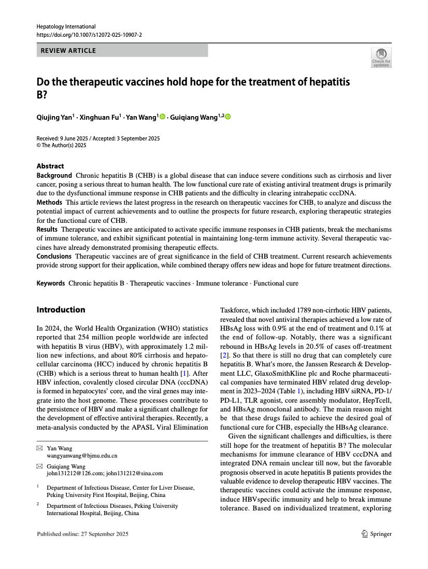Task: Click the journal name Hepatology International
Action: [66, 26]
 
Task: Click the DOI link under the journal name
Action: [89, 35]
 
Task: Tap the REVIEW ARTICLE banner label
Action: [68, 50]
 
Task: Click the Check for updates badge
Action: [381, 58]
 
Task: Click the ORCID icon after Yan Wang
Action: [162, 117]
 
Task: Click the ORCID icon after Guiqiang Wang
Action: [227, 117]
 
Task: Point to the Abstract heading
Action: [50, 166]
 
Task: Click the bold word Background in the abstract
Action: [54, 176]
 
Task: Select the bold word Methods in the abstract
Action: [49, 202]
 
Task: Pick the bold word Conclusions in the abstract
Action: [54, 256]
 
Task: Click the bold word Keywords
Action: [50, 283]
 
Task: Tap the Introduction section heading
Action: [61, 310]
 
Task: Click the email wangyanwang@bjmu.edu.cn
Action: [82, 456]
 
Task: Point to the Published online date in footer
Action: [82, 534]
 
